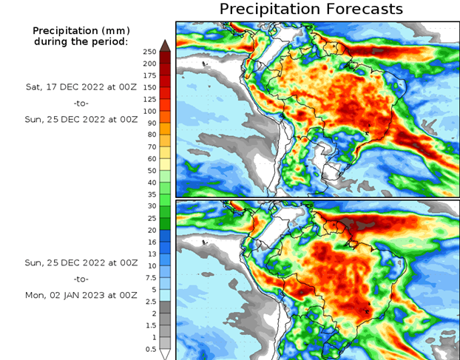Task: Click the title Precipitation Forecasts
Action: point(311,9)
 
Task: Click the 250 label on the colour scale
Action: point(150,52)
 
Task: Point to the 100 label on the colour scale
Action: point(150,111)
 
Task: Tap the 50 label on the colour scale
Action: point(150,170)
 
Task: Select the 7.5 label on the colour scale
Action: point(150,277)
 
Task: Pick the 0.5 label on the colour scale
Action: point(150,348)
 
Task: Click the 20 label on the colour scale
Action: point(150,230)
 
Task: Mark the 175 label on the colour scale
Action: point(150,75)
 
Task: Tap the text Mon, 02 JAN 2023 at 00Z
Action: point(81,295)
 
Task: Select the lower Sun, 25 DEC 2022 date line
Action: point(81,262)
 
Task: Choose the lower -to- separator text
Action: point(81,279)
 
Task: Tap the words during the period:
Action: point(81,41)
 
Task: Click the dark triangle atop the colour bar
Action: point(166,46)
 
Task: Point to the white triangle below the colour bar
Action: point(166,354)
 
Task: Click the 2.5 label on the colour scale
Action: point(150,301)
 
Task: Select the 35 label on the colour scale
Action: point(150,194)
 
